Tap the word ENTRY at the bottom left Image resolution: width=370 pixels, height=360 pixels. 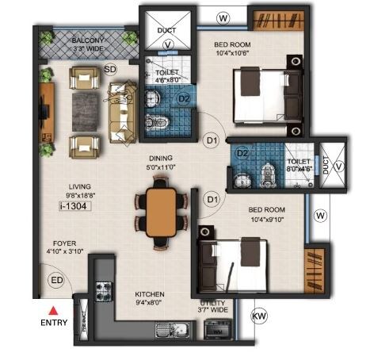54,323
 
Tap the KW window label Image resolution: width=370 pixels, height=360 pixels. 259,316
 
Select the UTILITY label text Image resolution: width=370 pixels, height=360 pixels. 212,303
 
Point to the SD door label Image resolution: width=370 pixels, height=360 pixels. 110,69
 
